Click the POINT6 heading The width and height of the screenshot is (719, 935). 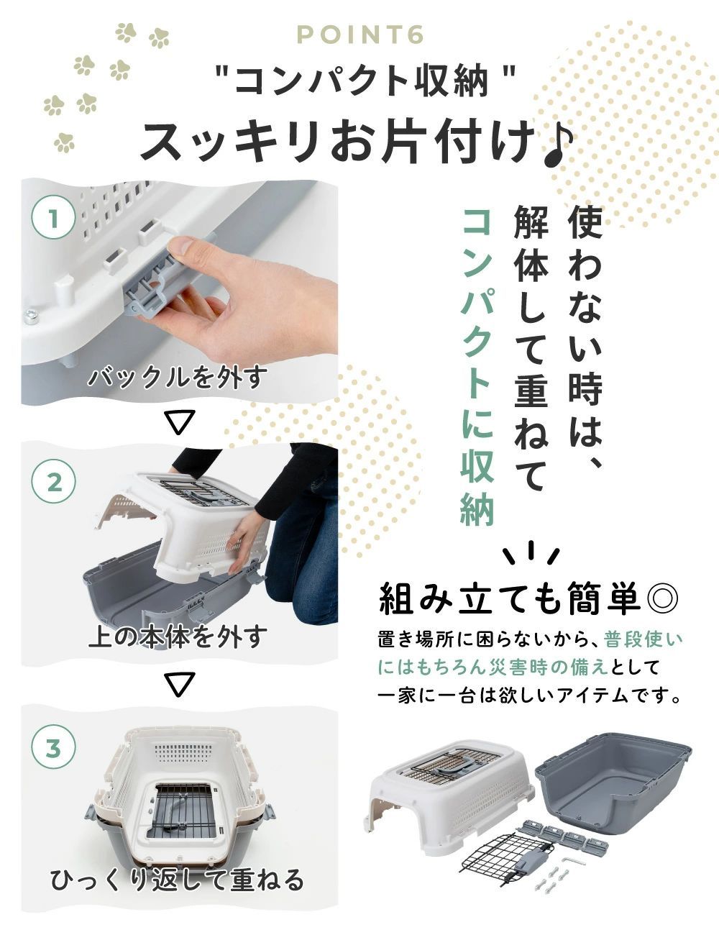[x=360, y=35]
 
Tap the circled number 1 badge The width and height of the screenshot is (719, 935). [x=54, y=219]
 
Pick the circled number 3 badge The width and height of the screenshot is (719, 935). [x=54, y=749]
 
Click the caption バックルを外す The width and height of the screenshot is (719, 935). [x=175, y=378]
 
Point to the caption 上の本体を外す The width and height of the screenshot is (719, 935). [x=175, y=636]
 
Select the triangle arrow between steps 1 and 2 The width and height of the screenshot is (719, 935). [x=180, y=422]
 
